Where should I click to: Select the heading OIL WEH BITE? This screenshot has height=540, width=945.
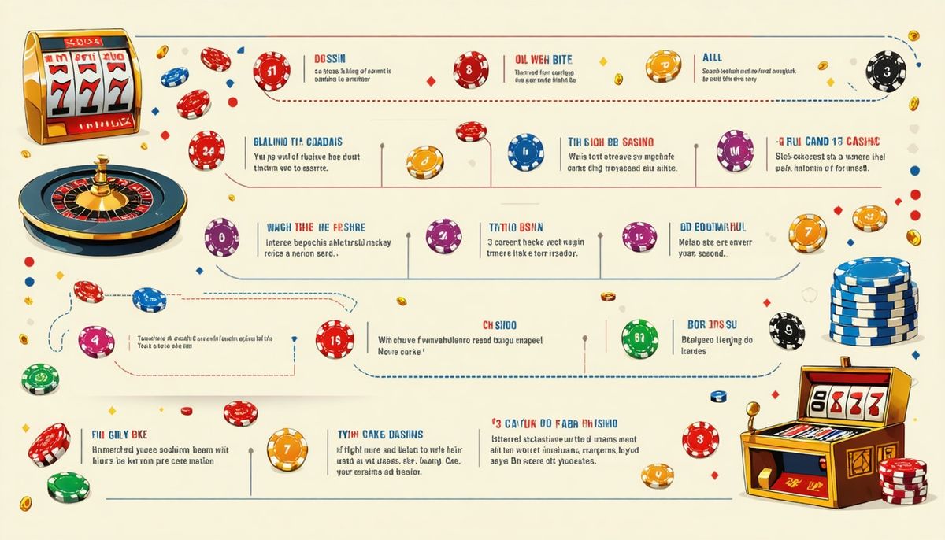pos(544,59)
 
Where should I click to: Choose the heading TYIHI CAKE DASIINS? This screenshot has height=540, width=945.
pos(375,434)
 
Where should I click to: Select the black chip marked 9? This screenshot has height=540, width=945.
pos(786,330)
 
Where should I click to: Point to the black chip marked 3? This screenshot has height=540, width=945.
pos(886,70)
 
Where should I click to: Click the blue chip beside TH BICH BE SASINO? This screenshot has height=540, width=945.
pos(525,152)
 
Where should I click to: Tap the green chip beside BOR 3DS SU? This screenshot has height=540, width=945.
pos(639,339)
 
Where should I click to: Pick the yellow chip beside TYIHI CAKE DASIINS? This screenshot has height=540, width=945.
pos(287,448)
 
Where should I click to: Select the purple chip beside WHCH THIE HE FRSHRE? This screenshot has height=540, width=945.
pos(221,236)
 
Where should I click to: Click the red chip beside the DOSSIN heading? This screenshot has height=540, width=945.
pos(272,71)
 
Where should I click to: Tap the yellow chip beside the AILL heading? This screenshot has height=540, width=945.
pos(664,66)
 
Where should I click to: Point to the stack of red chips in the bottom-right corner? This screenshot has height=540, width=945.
pos(902,480)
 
